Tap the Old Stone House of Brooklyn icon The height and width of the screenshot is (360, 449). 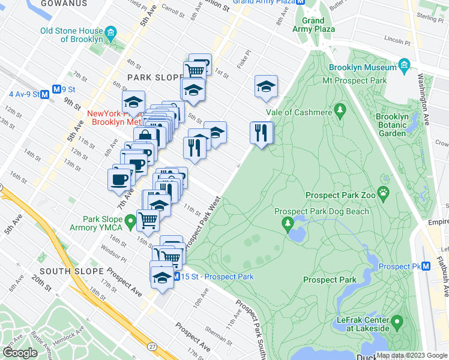(x=110, y=31)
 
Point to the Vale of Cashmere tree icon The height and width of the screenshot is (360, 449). (x=340, y=109)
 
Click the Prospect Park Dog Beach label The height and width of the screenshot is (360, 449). (x=321, y=211)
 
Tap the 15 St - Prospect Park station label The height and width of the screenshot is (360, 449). (x=217, y=277)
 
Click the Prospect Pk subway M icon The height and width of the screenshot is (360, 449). (x=426, y=266)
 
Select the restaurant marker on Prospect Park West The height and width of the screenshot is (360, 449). (x=261, y=133)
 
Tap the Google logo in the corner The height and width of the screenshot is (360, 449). (x=19, y=353)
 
